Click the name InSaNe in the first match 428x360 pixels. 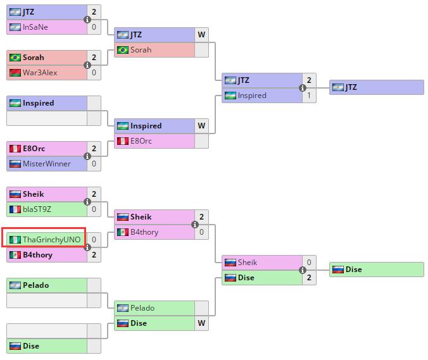click(x=35, y=27)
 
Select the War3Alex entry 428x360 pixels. click(x=40, y=73)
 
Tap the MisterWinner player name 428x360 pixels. click(x=47, y=164)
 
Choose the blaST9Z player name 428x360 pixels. click(x=37, y=209)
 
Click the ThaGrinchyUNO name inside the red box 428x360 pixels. click(x=51, y=240)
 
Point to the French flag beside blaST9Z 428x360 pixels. click(x=15, y=209)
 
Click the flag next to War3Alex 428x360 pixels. click(x=15, y=73)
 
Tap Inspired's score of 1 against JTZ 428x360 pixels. click(x=309, y=96)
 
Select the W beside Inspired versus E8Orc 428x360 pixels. click(x=201, y=126)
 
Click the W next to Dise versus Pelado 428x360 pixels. click(x=201, y=323)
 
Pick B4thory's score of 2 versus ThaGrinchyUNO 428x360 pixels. click(x=94, y=255)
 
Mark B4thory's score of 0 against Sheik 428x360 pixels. click(x=201, y=232)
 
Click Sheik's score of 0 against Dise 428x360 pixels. click(x=309, y=263)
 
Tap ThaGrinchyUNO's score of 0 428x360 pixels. click(x=94, y=240)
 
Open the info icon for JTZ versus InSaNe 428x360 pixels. click(x=87, y=20)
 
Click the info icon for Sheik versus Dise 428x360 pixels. click(x=303, y=270)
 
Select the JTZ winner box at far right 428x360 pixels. click(x=376, y=87)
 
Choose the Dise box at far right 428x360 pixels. click(x=376, y=270)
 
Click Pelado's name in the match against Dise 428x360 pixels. click(x=142, y=308)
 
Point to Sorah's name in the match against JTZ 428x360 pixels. click(x=141, y=50)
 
